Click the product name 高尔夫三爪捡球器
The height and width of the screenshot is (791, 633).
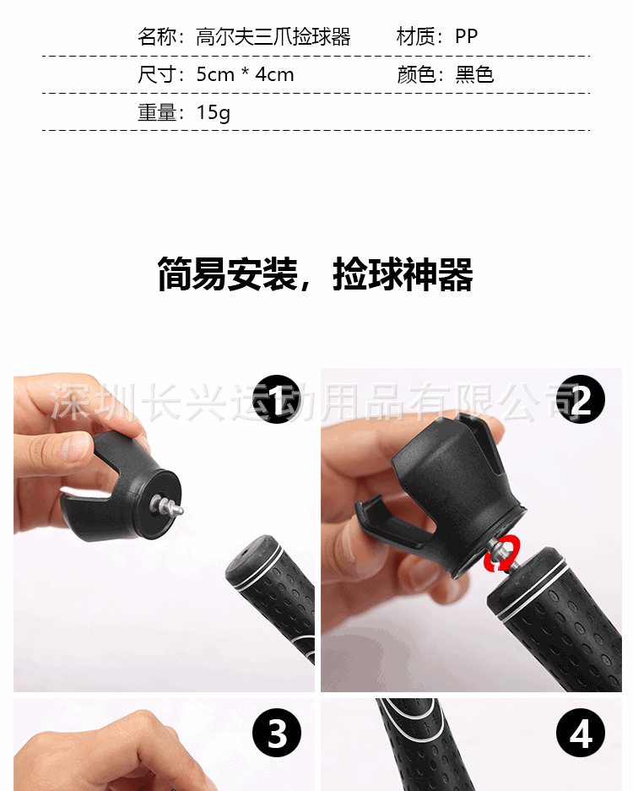[x=273, y=37]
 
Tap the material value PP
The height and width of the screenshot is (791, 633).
[x=466, y=36]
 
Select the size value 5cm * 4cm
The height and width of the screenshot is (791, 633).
[x=245, y=74]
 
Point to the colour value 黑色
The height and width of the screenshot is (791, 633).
[x=474, y=74]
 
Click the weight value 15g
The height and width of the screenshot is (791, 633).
[x=214, y=112]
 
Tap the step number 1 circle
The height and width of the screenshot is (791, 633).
[x=276, y=399]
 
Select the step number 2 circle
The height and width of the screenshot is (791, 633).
[x=581, y=399]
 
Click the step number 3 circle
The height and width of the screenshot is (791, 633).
[x=276, y=733]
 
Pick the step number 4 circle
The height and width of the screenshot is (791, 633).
[x=581, y=733]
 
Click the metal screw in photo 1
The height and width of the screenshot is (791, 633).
[x=167, y=506]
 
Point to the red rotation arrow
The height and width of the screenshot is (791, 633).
[x=502, y=554]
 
